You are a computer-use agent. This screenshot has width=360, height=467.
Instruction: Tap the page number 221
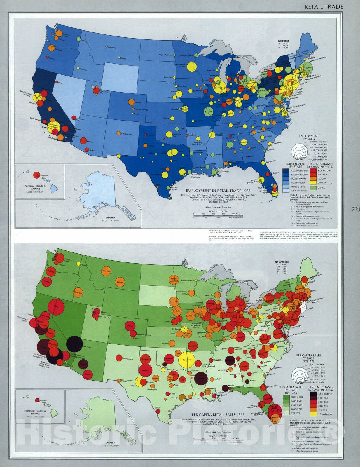[356, 209]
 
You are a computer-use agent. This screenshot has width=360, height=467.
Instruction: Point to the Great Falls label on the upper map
[112, 47]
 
